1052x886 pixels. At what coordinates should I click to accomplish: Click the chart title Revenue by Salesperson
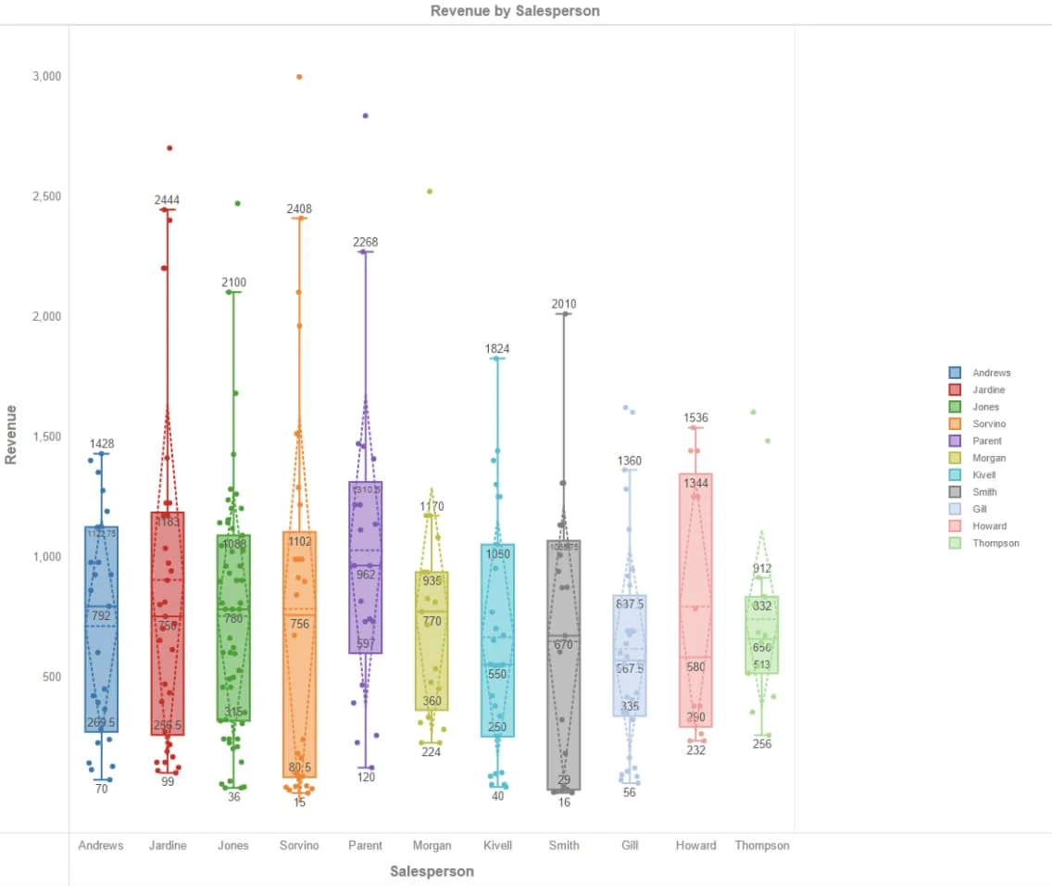click(x=515, y=11)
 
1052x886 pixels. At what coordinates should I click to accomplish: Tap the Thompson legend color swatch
click(x=955, y=543)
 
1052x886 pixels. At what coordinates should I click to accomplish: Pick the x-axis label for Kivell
click(x=498, y=845)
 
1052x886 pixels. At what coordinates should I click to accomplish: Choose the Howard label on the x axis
click(x=695, y=845)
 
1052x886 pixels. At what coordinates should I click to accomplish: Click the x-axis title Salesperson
click(x=432, y=871)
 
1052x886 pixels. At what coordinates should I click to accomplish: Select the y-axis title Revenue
click(x=11, y=434)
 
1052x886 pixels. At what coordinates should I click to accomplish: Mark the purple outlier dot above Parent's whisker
click(x=366, y=116)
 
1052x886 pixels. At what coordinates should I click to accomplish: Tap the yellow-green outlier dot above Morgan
click(x=430, y=192)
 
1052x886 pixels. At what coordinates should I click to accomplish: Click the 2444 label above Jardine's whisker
click(x=168, y=200)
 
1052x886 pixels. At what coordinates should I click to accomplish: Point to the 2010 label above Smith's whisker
click(x=564, y=304)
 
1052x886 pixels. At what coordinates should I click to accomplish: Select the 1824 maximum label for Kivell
click(x=498, y=349)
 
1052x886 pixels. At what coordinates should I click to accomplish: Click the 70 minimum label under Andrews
click(x=102, y=789)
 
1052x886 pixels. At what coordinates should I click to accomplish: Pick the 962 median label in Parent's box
click(x=366, y=575)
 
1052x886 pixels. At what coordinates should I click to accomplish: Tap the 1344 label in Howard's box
click(x=695, y=484)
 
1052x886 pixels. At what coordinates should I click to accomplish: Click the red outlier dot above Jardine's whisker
click(x=169, y=148)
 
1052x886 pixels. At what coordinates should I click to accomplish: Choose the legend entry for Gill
click(x=979, y=509)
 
